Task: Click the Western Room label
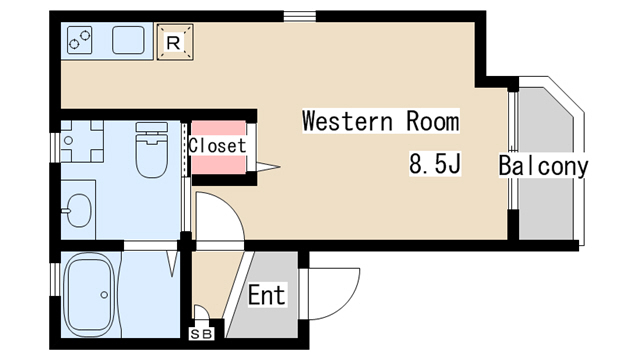(x=381, y=121)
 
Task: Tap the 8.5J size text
(x=435, y=164)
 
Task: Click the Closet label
(x=218, y=146)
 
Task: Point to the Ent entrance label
(x=267, y=295)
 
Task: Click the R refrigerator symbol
(x=175, y=42)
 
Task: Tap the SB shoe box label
(x=202, y=334)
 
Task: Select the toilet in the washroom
(x=152, y=150)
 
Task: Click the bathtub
(x=89, y=294)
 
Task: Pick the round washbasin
(x=79, y=210)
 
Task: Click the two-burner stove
(x=80, y=40)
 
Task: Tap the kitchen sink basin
(x=128, y=40)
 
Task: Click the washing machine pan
(x=82, y=141)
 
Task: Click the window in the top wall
(x=300, y=16)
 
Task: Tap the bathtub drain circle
(x=104, y=295)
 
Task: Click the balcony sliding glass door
(x=513, y=150)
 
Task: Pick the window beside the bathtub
(x=55, y=279)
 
